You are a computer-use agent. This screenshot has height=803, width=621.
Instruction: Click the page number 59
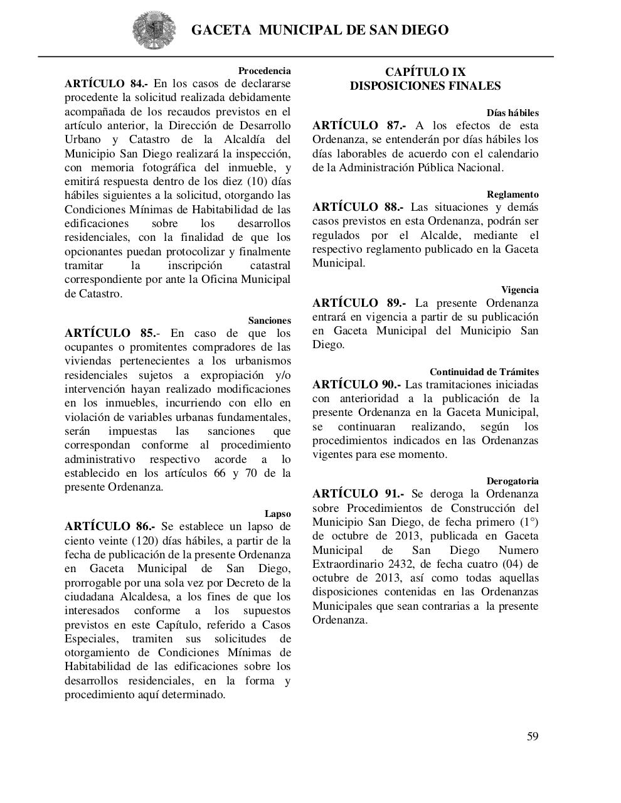click(x=532, y=737)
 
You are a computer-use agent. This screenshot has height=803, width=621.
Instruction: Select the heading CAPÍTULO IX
click(x=425, y=72)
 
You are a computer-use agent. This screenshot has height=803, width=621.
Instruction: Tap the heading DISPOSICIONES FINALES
click(x=425, y=86)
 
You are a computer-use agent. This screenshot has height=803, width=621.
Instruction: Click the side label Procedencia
click(x=264, y=71)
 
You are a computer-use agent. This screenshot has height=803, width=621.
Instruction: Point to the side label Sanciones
click(x=269, y=321)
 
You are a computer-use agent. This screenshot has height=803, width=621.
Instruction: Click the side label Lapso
click(x=277, y=514)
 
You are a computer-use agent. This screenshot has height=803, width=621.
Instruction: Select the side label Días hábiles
click(x=512, y=113)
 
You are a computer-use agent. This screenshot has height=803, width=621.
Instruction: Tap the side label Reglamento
click(x=512, y=194)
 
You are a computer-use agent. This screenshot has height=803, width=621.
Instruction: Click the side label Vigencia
click(x=519, y=290)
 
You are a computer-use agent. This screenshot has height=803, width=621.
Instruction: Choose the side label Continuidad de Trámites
click(x=484, y=372)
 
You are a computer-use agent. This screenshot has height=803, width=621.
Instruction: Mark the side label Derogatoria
click(x=512, y=481)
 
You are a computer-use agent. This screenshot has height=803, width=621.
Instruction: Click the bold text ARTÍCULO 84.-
click(x=106, y=83)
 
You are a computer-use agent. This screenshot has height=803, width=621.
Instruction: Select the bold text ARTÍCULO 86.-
click(x=109, y=526)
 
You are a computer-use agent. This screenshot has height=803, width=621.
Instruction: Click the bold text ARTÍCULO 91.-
click(x=358, y=494)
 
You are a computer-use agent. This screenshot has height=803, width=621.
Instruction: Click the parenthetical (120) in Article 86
click(x=148, y=541)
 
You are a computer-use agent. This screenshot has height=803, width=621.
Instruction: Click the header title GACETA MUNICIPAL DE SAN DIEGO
click(x=319, y=30)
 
